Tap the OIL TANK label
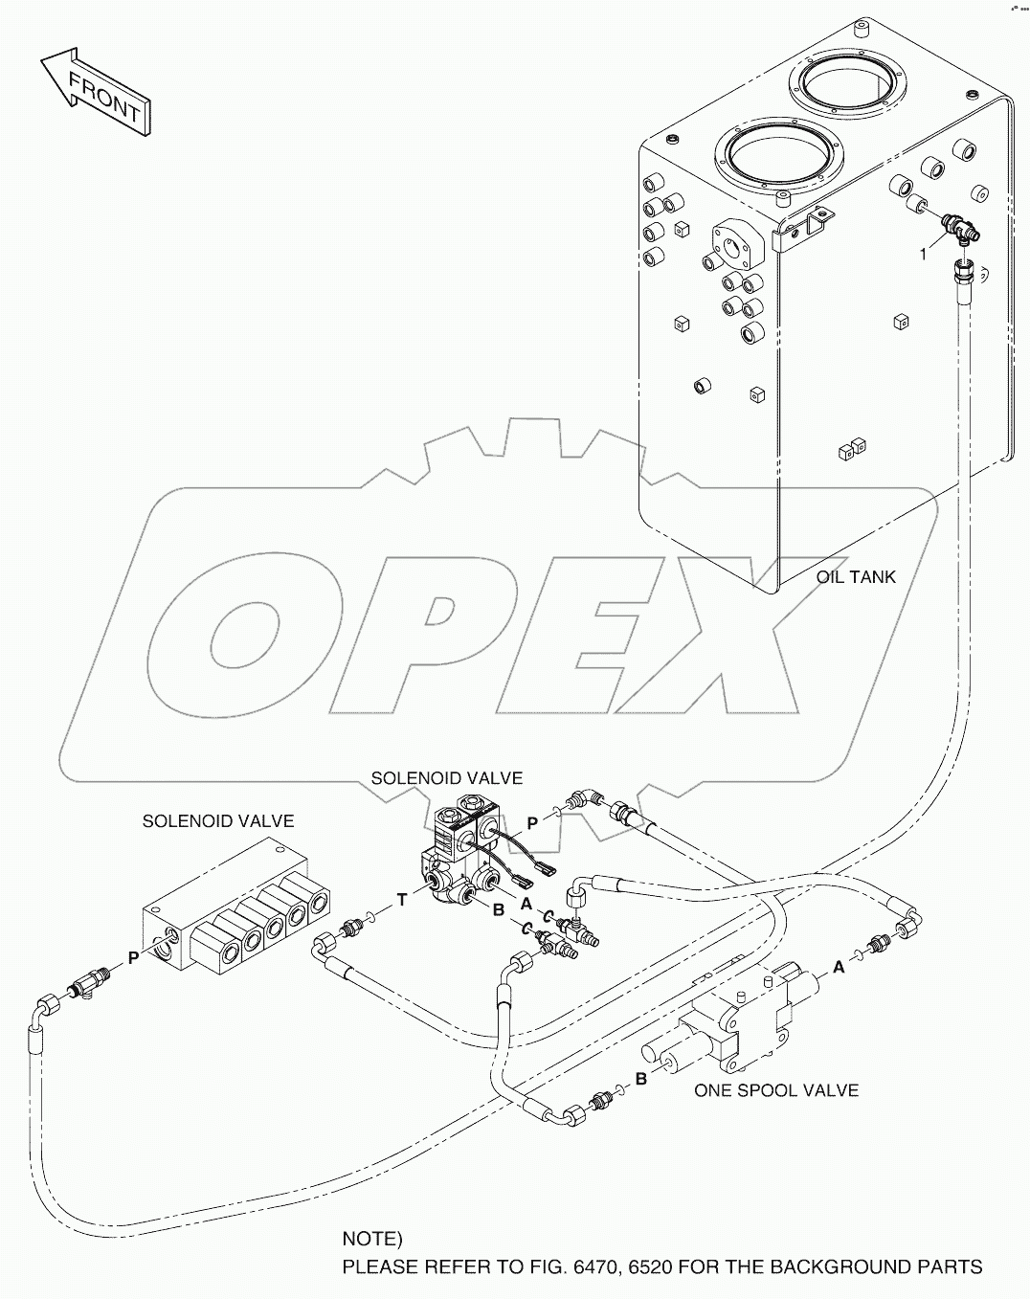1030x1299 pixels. [x=856, y=577]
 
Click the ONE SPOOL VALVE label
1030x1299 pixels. [x=775, y=1090]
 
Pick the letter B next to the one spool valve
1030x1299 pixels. [x=642, y=1080]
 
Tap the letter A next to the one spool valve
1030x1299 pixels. [x=839, y=967]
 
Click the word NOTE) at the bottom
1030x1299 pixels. [x=372, y=1239]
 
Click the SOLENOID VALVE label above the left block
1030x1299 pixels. [x=218, y=821]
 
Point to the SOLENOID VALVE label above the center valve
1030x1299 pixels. [x=447, y=778]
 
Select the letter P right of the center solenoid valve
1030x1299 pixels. [x=531, y=822]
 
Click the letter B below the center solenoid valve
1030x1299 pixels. [x=498, y=910]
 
